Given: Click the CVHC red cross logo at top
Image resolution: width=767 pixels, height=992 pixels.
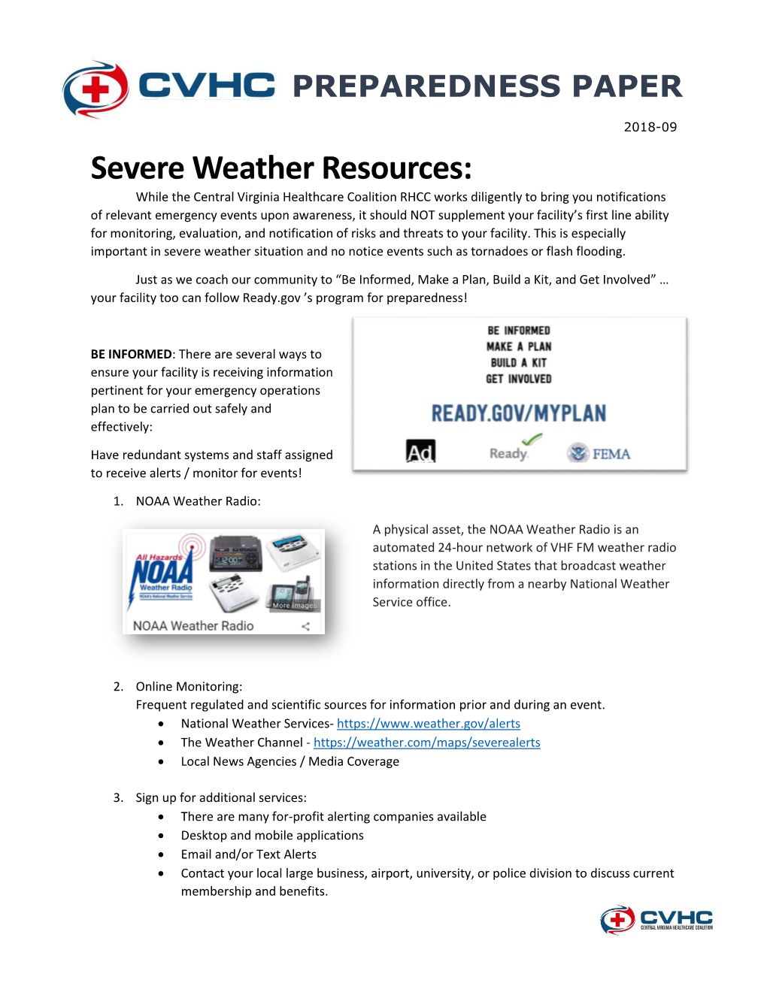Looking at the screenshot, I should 95,89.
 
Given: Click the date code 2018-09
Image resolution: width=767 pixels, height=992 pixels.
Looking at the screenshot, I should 650,127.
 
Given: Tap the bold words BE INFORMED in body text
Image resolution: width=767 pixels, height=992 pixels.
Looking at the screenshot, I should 132,354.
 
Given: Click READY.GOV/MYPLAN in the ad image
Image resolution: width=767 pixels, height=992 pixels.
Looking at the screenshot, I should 518,413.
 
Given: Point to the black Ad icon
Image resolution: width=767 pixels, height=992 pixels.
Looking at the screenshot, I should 420,451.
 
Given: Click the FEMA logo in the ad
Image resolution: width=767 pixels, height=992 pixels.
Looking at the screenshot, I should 599,453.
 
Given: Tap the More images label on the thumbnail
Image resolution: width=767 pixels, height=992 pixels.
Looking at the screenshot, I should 294,605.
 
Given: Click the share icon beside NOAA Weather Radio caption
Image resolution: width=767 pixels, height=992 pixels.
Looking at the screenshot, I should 305,626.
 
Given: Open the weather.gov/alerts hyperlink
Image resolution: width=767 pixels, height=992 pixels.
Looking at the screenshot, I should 429,724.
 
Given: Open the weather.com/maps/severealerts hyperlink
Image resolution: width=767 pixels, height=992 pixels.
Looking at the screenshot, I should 426,742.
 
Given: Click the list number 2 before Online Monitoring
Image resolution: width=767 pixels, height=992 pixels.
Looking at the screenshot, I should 118,686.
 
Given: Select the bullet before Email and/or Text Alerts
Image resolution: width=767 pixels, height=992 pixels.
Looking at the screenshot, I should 161,854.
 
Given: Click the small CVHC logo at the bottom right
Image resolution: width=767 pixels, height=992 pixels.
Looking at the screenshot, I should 656,919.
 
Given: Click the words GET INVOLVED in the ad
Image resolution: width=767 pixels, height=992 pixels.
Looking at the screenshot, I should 519,380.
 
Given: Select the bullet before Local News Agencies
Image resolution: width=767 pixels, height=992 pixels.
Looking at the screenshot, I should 161,761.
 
